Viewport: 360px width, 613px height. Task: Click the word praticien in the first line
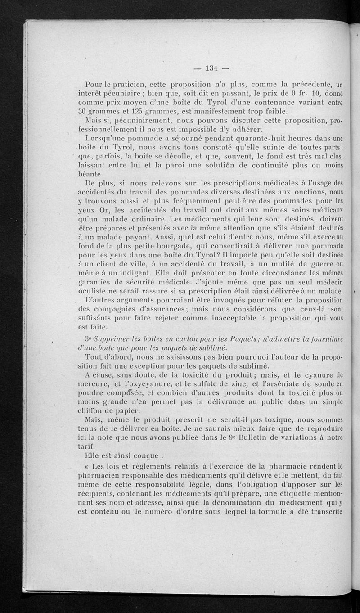(x=129, y=84)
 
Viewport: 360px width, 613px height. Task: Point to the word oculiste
(x=93, y=291)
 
